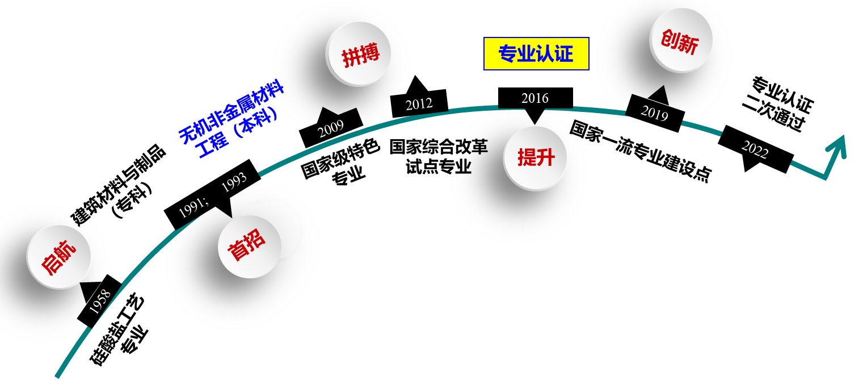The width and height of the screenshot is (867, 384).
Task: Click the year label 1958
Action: [100, 302]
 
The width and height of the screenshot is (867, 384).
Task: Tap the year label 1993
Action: [234, 182]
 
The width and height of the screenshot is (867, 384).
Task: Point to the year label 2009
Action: [331, 129]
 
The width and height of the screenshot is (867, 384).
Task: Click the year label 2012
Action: [419, 105]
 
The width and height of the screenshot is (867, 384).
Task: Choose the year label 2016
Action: [535, 98]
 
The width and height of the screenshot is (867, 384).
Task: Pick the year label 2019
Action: [654, 113]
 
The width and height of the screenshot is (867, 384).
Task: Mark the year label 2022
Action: [755, 150]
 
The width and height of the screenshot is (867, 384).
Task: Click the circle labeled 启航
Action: [59, 257]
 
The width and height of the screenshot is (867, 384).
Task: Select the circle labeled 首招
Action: [250, 247]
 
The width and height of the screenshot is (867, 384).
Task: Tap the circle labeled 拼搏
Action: [359, 55]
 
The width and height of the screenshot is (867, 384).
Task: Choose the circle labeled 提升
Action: [535, 158]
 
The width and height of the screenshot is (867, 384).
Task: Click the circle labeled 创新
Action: [680, 41]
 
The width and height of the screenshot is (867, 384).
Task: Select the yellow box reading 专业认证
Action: [536, 54]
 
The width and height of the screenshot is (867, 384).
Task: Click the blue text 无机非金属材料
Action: [232, 111]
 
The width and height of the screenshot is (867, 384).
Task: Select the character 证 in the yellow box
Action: [564, 54]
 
